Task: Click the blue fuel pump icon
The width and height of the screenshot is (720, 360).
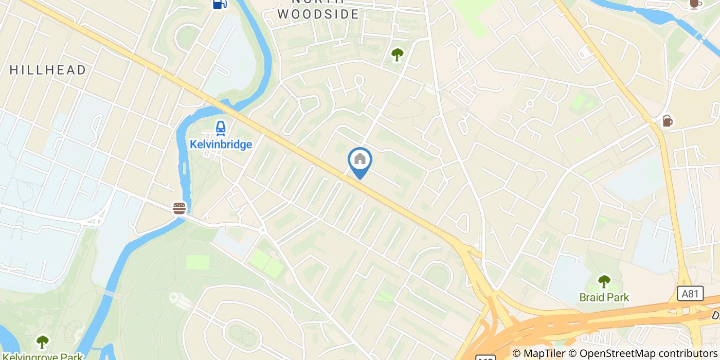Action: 220,4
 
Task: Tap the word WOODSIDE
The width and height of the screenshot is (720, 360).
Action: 318,14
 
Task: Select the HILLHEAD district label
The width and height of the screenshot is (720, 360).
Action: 48,70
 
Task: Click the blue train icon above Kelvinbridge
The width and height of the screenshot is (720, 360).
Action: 221,128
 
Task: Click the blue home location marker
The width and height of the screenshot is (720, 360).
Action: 360,160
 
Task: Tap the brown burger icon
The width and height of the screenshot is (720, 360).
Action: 179,208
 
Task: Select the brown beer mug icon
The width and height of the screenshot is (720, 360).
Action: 668,121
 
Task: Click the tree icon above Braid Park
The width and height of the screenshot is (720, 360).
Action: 604,281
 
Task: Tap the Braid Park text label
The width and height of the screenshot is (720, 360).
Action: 604,297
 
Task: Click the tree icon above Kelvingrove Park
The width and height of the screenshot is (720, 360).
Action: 43,341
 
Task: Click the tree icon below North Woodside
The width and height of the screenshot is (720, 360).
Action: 397,54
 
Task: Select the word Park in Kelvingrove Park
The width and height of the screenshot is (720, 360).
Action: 73,356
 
